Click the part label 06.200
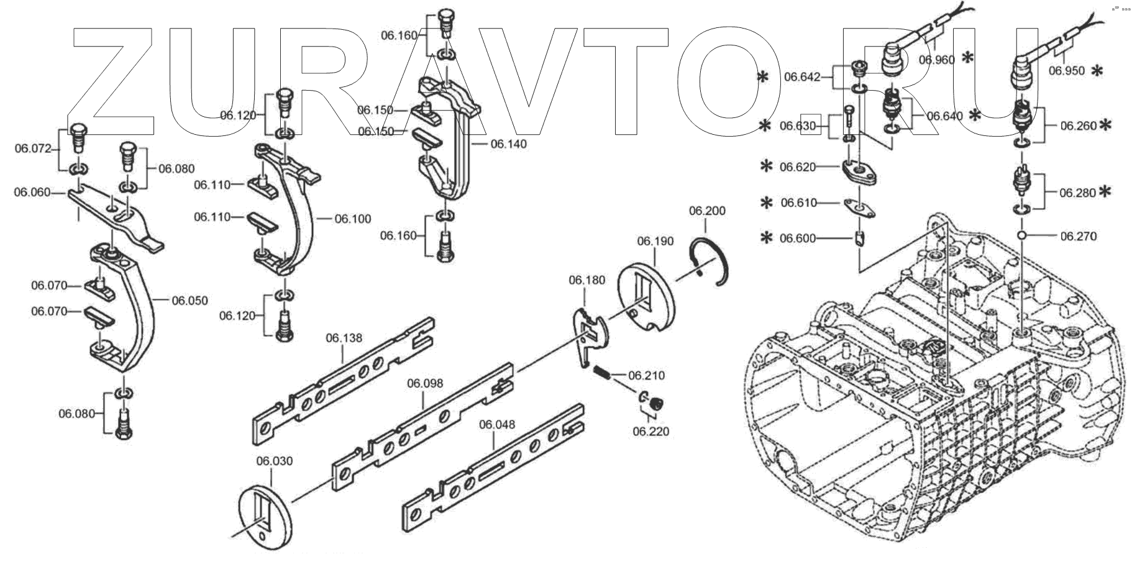pos(706,211)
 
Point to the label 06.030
pos(274,461)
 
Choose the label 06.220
pos(650,431)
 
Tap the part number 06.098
pos(425,383)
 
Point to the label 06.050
pos(189,301)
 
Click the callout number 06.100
pos(352,219)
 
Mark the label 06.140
pos(508,144)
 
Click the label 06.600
pos(798,238)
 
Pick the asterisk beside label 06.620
pos(767,167)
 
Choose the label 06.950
pos(1066,71)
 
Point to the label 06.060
pos(32,193)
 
